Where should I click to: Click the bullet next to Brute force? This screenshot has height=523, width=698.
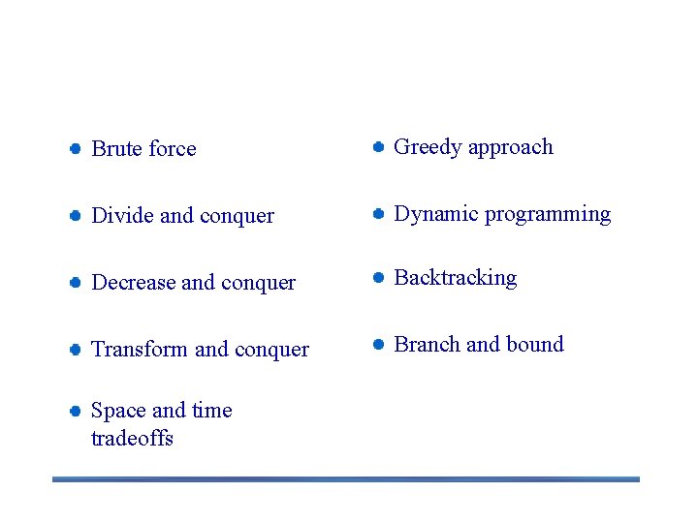[x=74, y=149]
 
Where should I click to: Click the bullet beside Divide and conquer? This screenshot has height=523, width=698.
[x=74, y=216]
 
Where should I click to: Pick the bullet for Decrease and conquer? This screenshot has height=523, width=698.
[x=74, y=283]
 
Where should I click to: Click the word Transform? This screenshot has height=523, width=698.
[x=139, y=350]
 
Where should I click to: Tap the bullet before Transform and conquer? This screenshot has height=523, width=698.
[x=74, y=350]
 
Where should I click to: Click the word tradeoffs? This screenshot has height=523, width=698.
[x=132, y=439]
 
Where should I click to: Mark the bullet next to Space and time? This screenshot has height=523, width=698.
[x=74, y=411]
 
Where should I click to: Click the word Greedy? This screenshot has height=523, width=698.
[x=428, y=148]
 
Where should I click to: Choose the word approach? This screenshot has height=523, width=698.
[x=511, y=148]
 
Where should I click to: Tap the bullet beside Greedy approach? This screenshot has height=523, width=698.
[x=378, y=147]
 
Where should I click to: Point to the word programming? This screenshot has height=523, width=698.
[x=548, y=215]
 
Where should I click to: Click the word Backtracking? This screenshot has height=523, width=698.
[x=456, y=278]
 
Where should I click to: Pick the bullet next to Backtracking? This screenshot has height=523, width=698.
[x=378, y=278]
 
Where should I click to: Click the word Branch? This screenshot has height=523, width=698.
[x=427, y=345]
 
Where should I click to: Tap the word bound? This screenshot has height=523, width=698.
[x=534, y=345]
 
